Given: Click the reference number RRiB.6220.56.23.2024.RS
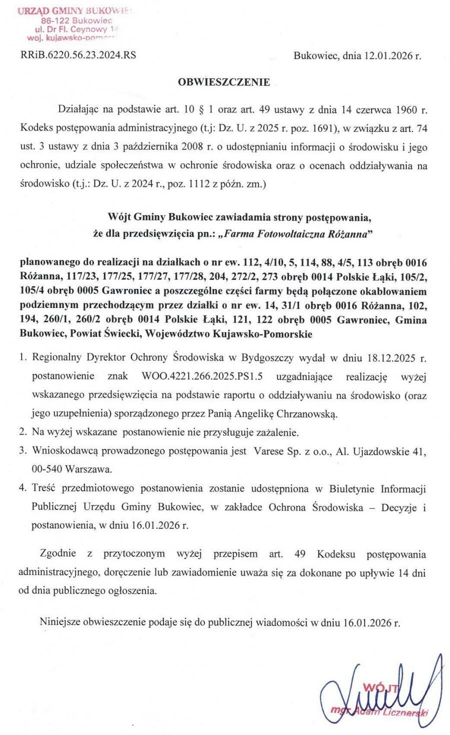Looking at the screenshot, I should [78, 55].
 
